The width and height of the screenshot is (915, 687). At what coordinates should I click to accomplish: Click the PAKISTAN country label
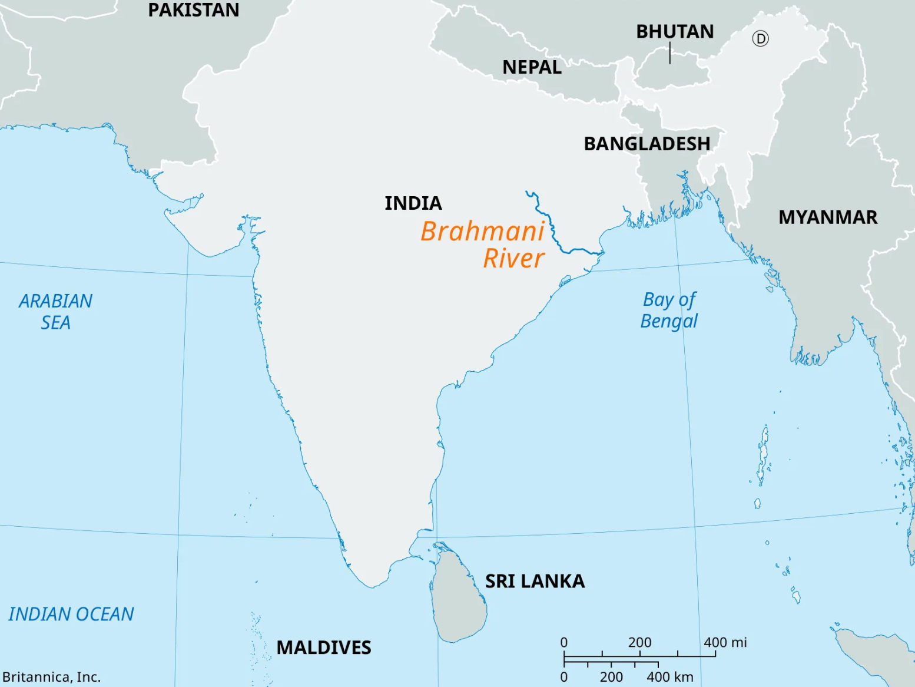[193, 10]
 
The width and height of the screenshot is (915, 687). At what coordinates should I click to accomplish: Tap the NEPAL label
[532, 67]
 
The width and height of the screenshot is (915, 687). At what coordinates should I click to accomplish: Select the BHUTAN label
[675, 31]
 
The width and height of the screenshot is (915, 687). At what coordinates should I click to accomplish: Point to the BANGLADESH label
[647, 144]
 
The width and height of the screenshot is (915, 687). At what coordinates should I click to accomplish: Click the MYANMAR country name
[827, 217]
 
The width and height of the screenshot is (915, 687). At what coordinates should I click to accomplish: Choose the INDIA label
[413, 203]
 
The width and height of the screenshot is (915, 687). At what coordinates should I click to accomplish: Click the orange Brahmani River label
[483, 245]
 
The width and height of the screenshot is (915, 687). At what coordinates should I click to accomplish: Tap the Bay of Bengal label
[669, 310]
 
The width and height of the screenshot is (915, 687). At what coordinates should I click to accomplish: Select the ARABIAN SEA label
[55, 312]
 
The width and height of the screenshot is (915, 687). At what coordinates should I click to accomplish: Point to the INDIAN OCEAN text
[71, 614]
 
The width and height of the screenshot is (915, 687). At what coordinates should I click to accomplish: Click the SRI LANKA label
[535, 582]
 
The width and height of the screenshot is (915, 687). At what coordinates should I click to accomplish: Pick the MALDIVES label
[324, 648]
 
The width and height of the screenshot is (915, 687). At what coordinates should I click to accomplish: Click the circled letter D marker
[760, 39]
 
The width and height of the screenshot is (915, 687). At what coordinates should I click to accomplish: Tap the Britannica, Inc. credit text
[52, 677]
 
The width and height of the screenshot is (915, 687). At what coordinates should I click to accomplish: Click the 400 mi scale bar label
[725, 642]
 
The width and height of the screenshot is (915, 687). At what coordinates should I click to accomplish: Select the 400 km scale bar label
[669, 677]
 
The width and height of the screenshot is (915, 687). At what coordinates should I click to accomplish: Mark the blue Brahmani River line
[553, 230]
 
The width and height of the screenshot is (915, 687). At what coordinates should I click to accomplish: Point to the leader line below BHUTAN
[670, 52]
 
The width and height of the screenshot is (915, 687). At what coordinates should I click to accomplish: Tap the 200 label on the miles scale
[639, 642]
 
